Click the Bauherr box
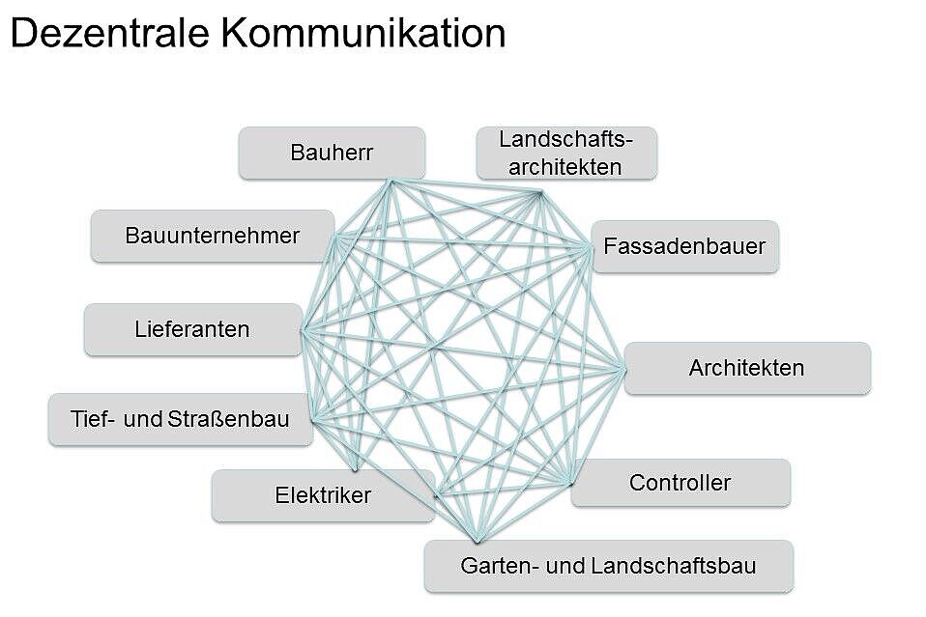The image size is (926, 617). [332, 153]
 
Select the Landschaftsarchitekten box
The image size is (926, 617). [566, 153]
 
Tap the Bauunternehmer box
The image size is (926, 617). [213, 236]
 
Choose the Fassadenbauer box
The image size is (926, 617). [684, 246]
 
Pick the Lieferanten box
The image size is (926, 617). [192, 329]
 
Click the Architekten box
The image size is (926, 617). [746, 368]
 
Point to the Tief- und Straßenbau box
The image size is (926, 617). [180, 419]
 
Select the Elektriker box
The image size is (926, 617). [323, 495]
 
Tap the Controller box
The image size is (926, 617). [680, 483]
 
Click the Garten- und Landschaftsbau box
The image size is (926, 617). [608, 566]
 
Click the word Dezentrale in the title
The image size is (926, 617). [109, 34]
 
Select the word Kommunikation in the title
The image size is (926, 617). [362, 34]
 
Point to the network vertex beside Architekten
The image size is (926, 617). [623, 368]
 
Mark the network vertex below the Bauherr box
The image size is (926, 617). [390, 181]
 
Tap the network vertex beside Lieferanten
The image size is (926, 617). [302, 330]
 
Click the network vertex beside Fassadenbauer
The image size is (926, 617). [591, 248]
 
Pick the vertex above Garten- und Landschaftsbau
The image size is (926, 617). [477, 541]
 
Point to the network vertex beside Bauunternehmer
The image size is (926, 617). [335, 236]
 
